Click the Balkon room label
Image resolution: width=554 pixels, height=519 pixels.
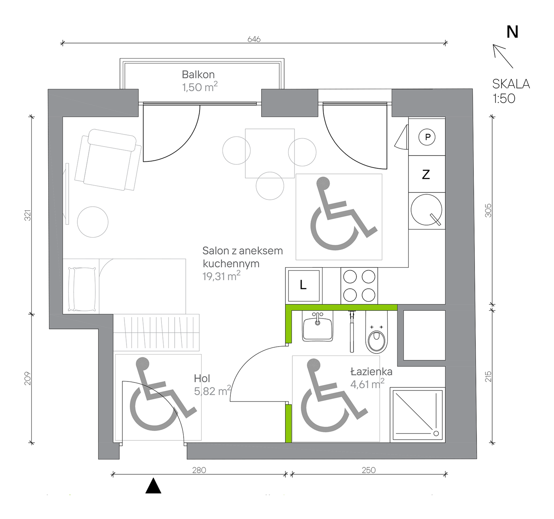pos(198,75)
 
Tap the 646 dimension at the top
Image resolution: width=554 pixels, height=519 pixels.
pos(254,39)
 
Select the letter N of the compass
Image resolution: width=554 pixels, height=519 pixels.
pos(512,32)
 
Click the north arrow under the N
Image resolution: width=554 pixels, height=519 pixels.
pos(503,56)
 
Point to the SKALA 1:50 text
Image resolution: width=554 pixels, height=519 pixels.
pos(511,91)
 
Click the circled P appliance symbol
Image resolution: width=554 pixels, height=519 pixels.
pos(427,137)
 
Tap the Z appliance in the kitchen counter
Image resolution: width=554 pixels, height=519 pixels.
pos(426,174)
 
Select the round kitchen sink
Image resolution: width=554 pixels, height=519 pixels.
pos(426,210)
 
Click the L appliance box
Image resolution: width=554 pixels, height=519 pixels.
pos(304,286)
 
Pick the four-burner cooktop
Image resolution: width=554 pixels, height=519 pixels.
pos(359,286)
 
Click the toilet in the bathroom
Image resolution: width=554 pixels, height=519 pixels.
pos(376,332)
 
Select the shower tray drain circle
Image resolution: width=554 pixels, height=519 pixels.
pos(436,433)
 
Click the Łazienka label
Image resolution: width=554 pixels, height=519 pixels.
pos(371,372)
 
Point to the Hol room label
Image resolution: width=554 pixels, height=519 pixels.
pos(202,378)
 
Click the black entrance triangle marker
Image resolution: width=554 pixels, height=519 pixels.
pos(153,485)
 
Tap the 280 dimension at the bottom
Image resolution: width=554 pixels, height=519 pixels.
pos(199,470)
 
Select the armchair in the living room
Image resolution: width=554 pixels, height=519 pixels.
pos(108,160)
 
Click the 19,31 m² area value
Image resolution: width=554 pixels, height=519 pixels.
pos(222,276)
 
